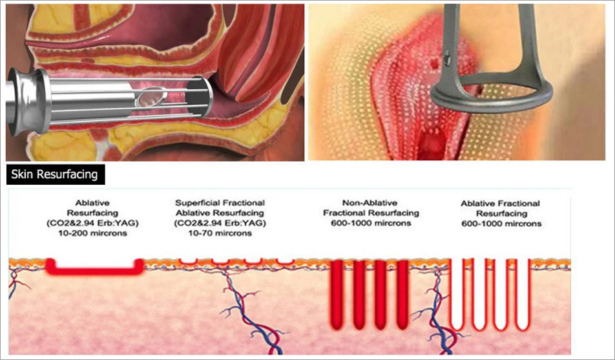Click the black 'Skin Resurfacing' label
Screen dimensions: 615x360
click(55, 175)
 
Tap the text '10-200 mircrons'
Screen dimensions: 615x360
click(96, 233)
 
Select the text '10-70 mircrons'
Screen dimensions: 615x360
click(220, 233)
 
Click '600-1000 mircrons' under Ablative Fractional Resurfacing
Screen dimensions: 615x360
click(501, 224)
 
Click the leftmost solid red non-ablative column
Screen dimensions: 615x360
click(338, 288)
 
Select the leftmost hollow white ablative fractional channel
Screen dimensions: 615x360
click(457, 291)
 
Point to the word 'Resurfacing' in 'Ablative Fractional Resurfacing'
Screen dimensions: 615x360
click(501, 213)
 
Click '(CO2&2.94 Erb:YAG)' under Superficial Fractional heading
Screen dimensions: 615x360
click(220, 222)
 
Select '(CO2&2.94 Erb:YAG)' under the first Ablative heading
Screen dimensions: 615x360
click(95, 222)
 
